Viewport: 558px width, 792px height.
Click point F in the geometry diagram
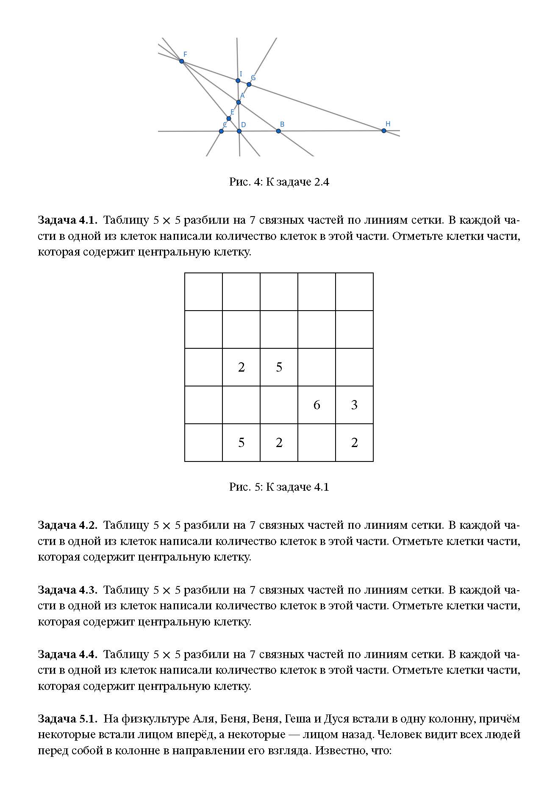[x=182, y=61]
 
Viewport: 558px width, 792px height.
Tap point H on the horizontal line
[x=384, y=131]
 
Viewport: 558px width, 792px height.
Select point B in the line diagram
[x=278, y=131]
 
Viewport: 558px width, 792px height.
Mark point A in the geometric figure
[x=239, y=102]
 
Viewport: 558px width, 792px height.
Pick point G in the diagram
[x=249, y=84]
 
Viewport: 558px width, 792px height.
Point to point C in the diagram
[x=221, y=131]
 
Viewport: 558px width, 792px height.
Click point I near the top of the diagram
[x=238, y=81]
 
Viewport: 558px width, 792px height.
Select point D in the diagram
[x=239, y=131]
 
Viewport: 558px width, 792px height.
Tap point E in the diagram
[x=229, y=119]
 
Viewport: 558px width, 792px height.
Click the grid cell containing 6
[x=316, y=405]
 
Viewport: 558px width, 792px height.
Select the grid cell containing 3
[x=354, y=405]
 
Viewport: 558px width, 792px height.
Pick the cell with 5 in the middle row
[x=279, y=367]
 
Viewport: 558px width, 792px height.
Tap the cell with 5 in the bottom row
[x=241, y=442]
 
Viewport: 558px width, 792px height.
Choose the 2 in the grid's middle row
[x=241, y=367]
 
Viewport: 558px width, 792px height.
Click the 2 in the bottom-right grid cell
[x=354, y=442]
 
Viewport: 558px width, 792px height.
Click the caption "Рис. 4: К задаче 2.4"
[x=279, y=182]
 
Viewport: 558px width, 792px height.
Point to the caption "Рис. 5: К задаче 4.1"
[x=279, y=487]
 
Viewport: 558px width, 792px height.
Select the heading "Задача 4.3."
[x=67, y=590]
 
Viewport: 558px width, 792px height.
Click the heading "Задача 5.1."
[x=67, y=719]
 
